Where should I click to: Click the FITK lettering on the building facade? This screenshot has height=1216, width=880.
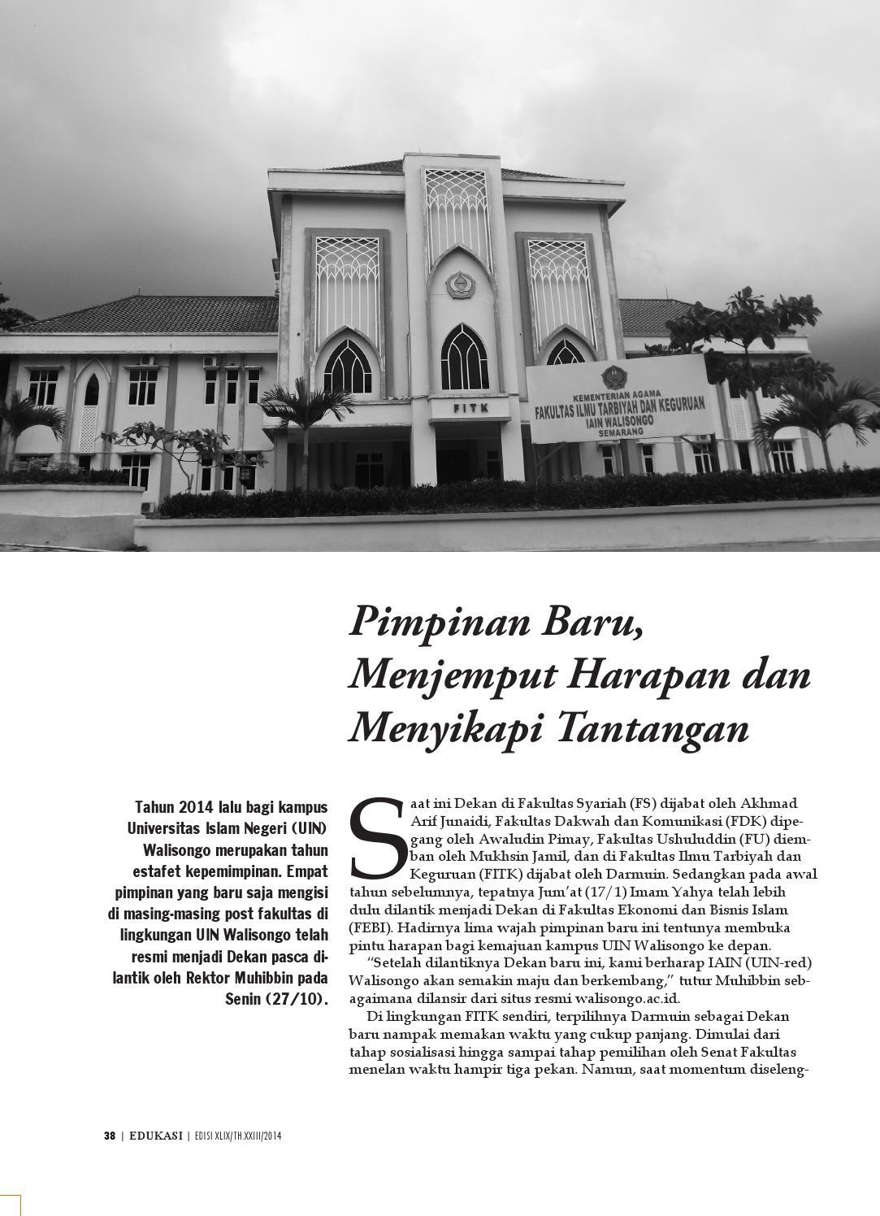[x=470, y=408]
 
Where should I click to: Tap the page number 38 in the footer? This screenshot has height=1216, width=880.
[x=110, y=1136]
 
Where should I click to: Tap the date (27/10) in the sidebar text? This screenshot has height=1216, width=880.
[x=297, y=997]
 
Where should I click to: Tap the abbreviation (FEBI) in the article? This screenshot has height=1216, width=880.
[x=371, y=927]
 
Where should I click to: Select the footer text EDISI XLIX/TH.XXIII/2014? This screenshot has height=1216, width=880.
[x=237, y=1136]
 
